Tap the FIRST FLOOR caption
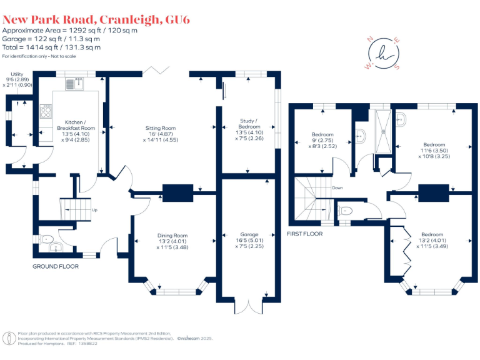pos(304,234)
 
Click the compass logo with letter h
pos(384,54)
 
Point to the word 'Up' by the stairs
pos(95,210)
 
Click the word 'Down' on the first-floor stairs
pos(337,187)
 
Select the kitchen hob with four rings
pos(46,112)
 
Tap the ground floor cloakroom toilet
pos(45,238)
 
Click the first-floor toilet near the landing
pos(346,210)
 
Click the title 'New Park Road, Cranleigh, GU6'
pos(96,19)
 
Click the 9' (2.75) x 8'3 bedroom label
pos(322,141)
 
